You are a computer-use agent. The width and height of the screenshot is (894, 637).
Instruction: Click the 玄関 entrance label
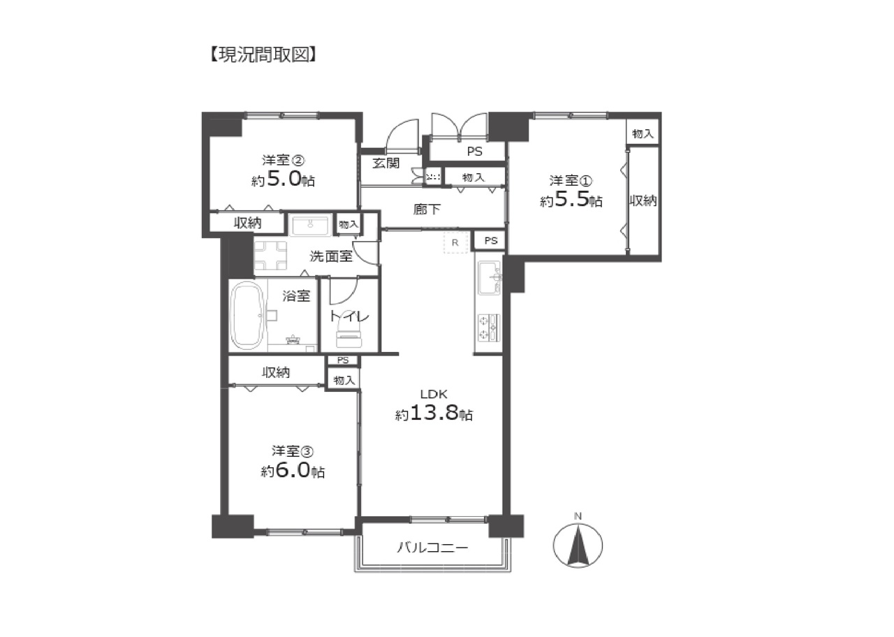click(x=386, y=163)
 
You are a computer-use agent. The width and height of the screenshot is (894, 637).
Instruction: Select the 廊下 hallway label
click(x=427, y=209)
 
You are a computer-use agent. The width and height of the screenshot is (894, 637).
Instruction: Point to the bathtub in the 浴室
click(x=247, y=316)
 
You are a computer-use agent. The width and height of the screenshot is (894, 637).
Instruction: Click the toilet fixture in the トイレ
click(x=350, y=333)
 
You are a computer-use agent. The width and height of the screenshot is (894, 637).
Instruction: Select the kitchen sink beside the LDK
click(x=490, y=278)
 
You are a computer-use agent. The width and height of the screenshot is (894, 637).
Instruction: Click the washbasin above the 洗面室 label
click(x=311, y=226)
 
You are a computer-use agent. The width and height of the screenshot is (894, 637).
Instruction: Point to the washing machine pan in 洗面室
click(x=270, y=256)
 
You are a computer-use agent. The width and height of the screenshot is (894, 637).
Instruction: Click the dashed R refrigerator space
click(x=455, y=242)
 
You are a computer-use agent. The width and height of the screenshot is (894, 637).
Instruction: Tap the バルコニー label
click(x=432, y=547)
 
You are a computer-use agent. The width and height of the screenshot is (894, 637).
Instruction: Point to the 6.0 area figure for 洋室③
click(x=292, y=470)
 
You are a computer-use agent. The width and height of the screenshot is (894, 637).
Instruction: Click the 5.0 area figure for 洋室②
click(x=284, y=180)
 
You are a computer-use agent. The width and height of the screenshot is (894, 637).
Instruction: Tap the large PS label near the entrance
click(x=474, y=152)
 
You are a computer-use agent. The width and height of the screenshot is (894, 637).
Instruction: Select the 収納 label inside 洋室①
click(x=643, y=200)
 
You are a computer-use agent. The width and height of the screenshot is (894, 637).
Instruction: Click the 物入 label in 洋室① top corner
click(x=643, y=133)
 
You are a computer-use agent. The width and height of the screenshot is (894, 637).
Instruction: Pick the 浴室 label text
click(x=296, y=295)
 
